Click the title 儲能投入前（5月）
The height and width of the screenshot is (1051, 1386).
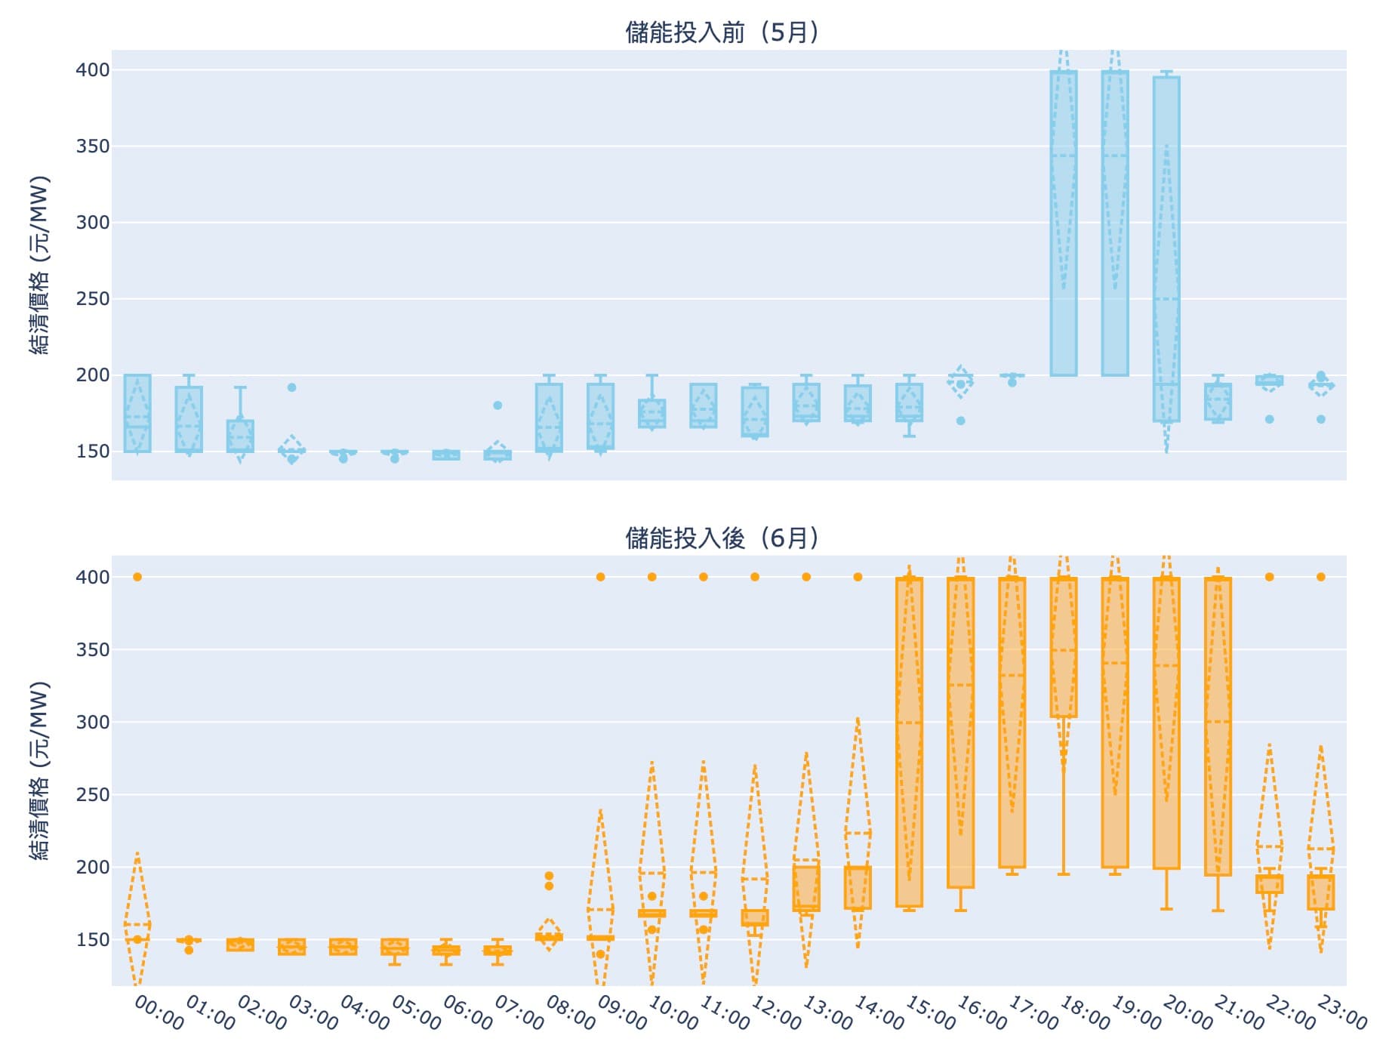point(722,32)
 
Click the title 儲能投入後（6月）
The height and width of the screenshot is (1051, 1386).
point(722,538)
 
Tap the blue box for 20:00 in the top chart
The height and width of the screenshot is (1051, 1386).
point(1166,249)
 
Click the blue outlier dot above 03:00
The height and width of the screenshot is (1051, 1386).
point(291,387)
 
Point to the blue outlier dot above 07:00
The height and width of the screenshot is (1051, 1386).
point(497,405)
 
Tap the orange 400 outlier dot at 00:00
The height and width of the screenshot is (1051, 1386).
point(137,577)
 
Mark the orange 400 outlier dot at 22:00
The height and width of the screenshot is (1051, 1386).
point(1269,577)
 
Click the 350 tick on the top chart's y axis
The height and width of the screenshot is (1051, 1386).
point(92,146)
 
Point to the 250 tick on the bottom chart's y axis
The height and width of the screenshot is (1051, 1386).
point(92,795)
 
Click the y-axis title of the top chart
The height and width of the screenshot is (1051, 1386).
point(39,265)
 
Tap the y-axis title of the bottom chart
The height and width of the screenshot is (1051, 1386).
point(39,771)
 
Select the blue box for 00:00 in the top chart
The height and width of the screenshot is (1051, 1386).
point(137,413)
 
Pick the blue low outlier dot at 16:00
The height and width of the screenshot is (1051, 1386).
point(960,421)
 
